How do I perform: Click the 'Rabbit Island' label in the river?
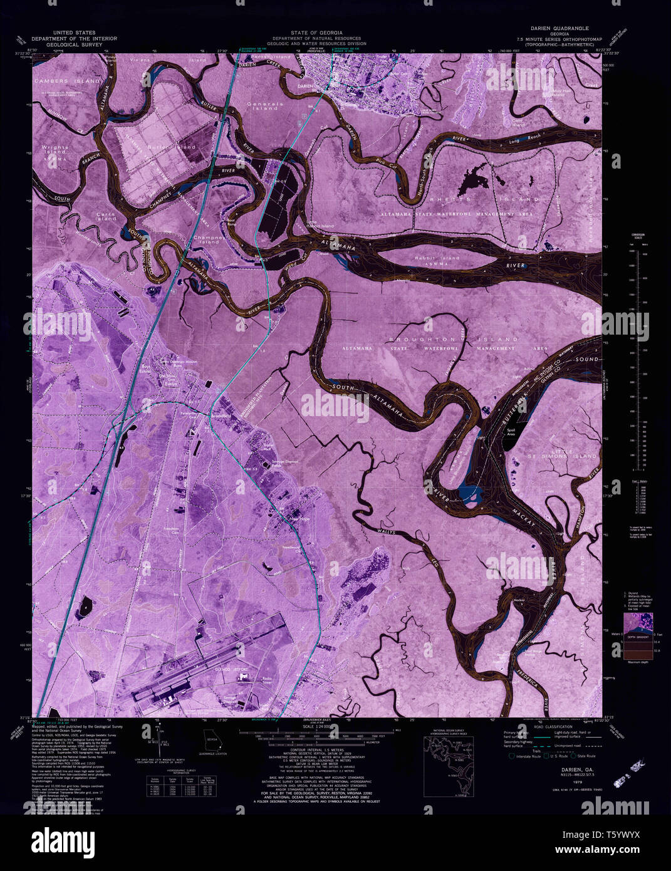pos(437,258)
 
